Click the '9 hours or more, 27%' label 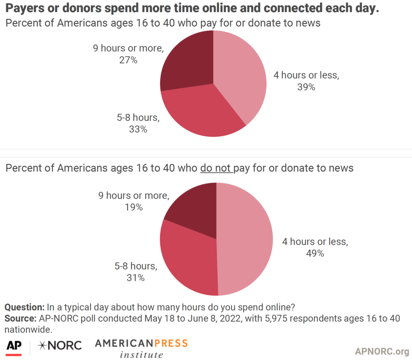tap(128, 54)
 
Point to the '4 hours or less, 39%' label tap(306, 81)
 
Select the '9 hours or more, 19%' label tap(134, 201)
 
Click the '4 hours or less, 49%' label tap(315, 248)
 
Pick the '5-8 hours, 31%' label tap(136, 272)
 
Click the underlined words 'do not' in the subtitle tap(216, 168)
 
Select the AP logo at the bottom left tap(14, 346)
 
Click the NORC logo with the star tap(59, 345)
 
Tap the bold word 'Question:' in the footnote tap(25, 307)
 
